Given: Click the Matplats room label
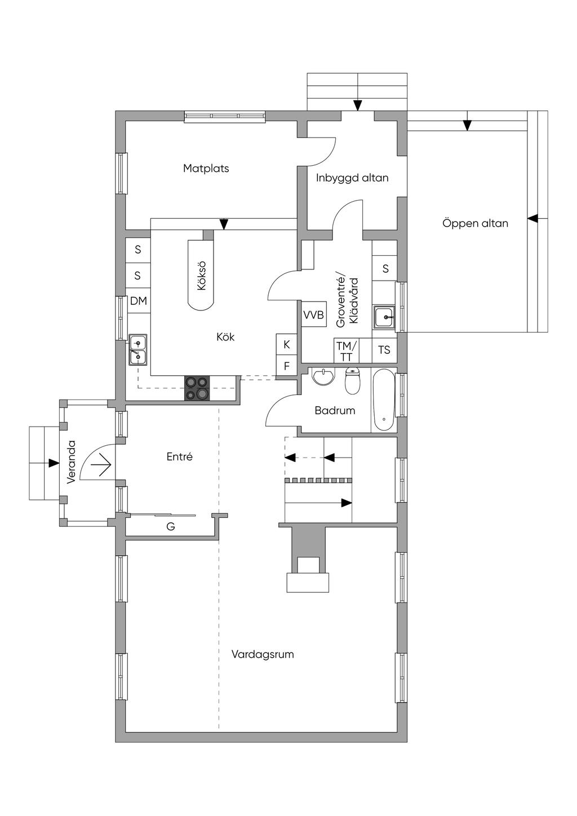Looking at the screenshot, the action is coord(206,168).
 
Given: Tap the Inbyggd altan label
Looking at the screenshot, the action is coord(352,178).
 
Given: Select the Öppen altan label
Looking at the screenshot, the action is coord(475,223).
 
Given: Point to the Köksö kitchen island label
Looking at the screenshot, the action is coord(201,276).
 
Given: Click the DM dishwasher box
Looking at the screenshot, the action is coord(139,301).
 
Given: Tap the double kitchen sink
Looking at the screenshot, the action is coord(137,350).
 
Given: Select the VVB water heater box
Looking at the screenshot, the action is coord(314,314).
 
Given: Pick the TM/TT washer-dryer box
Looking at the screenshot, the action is coord(347,351).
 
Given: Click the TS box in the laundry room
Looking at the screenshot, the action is coord(384,351).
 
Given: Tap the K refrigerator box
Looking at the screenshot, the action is coord(287,344).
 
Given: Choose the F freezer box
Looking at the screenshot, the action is coord(287,366).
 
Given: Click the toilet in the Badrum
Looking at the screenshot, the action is coord(352,381).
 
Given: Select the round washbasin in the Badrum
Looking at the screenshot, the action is coord(323,376).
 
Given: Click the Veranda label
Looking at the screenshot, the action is coord(71,462).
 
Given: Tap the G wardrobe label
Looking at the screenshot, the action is coord(171,526).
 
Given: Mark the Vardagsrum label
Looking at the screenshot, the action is coord(263,654).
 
